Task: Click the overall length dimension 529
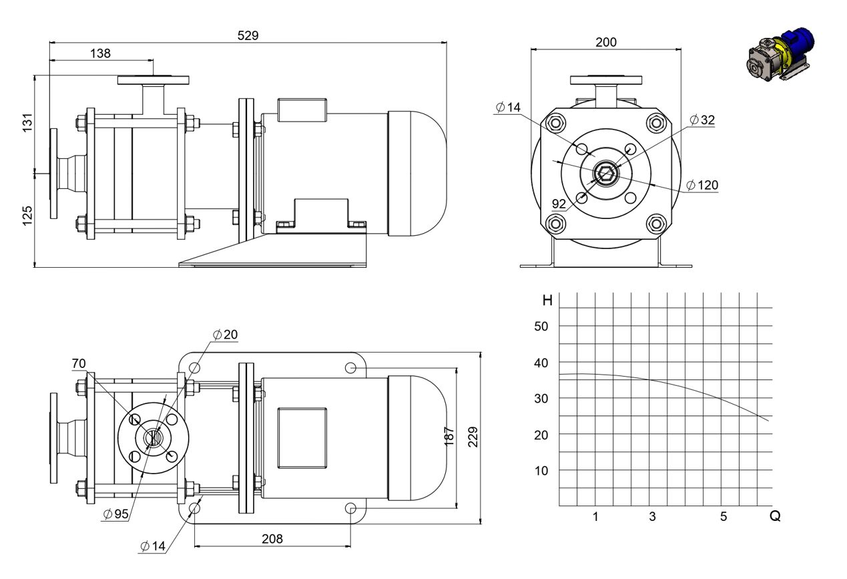(x=248, y=35)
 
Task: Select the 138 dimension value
(x=100, y=53)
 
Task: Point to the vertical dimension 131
(x=27, y=122)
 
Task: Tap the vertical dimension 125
(x=27, y=216)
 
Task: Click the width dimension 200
(x=606, y=42)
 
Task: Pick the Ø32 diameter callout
(x=702, y=120)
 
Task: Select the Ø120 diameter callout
(x=701, y=185)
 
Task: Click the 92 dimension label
(x=559, y=204)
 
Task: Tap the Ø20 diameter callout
(x=226, y=335)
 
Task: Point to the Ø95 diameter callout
(x=116, y=514)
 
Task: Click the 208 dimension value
(x=272, y=539)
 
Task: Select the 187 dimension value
(x=449, y=437)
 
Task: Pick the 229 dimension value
(x=473, y=437)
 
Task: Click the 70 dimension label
(x=79, y=364)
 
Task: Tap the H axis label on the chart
(x=547, y=301)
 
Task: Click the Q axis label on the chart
(x=775, y=516)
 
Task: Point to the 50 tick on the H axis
(x=541, y=326)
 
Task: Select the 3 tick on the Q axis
(x=652, y=517)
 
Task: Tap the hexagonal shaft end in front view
(x=606, y=174)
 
